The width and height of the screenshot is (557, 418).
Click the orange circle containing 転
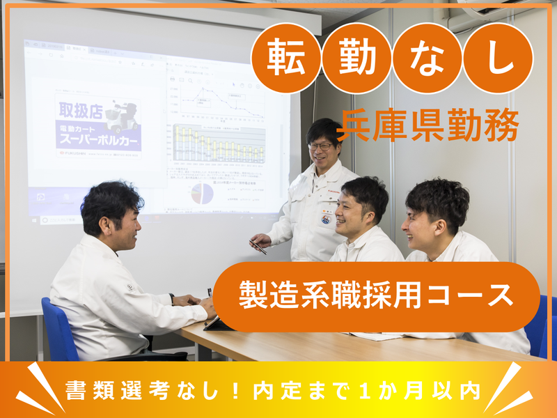286,59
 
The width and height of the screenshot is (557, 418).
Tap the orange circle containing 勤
356,59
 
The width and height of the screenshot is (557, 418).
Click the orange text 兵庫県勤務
428,125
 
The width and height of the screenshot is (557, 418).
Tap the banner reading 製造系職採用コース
376,296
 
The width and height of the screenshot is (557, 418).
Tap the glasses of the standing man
321,146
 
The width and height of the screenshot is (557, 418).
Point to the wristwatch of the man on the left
172,298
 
